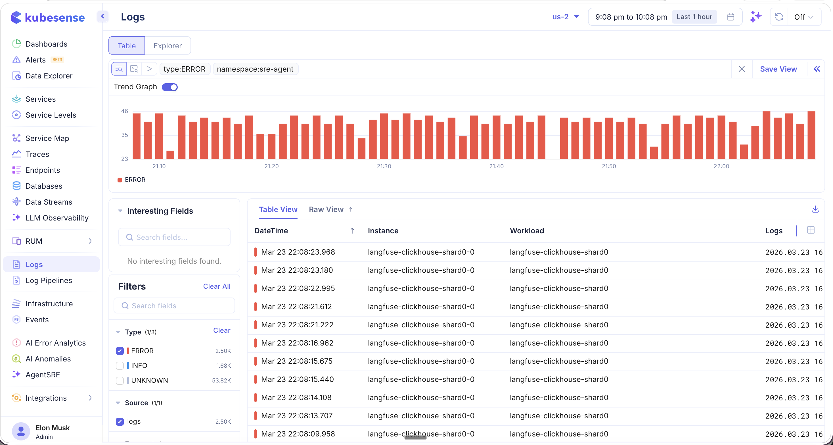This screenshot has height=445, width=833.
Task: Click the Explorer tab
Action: coord(167,46)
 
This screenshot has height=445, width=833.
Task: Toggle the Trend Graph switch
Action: coord(169,87)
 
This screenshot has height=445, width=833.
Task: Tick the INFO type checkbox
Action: coord(120,365)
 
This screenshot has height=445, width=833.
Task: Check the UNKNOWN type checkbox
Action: coord(120,380)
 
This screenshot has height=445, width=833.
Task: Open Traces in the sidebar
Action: coord(37,154)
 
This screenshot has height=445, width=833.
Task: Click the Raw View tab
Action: coord(326,209)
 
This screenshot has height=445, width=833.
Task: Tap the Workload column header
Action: coord(527,231)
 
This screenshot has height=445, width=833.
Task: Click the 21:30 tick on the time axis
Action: coord(384,166)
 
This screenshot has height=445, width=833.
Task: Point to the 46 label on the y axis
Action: coord(125,111)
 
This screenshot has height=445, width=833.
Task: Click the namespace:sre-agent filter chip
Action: coord(255,69)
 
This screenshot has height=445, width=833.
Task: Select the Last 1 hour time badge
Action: coord(694,17)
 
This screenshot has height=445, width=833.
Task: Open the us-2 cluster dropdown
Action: coord(565,17)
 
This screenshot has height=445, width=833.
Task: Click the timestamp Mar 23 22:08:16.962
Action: coord(297,343)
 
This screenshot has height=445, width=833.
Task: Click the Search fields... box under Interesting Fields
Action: coord(175,237)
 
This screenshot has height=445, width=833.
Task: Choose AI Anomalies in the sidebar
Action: coord(48,359)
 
